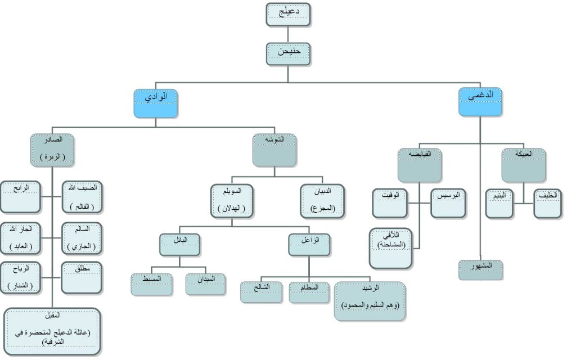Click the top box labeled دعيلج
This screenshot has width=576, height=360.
coord(288,15)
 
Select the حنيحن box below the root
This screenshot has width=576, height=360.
coord(288,54)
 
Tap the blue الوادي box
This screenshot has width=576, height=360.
coord(156,102)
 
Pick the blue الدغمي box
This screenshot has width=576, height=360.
coord(480,102)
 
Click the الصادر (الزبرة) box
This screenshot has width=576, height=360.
coord(53,150)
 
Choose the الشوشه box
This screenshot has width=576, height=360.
coord(274,150)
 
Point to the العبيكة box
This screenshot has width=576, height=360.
coord(523,165)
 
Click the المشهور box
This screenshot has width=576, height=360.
coord(480,270)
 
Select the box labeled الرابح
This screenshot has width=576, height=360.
coord(20,196)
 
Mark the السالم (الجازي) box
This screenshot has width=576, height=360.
coord(82,238)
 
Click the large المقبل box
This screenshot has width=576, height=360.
coord(53,331)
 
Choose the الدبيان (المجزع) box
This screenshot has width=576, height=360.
coord(322,200)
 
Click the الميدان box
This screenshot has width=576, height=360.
coord(206,284)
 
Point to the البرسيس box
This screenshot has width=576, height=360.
coord(448,204)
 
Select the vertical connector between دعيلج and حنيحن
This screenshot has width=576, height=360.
coord(288,34)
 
